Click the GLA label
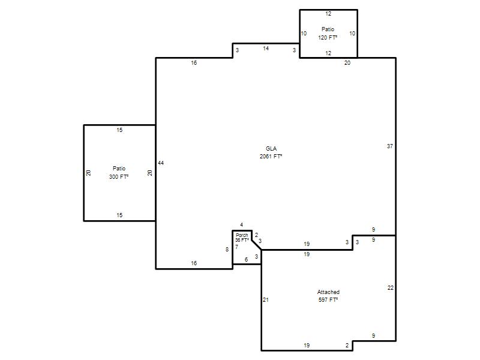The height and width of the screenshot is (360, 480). point(271,148)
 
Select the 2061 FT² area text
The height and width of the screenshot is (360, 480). point(271,156)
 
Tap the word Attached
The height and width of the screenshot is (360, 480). point(328,292)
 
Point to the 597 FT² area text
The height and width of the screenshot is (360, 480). point(328,299)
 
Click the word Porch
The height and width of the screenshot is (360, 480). point(242,235)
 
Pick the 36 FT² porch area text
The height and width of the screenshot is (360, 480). point(242,240)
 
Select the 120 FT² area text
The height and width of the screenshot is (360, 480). point(328,37)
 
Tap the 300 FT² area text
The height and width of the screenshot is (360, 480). point(119,176)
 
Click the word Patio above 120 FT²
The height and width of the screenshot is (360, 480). point(328,29)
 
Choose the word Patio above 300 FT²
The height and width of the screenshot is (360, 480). point(119,169)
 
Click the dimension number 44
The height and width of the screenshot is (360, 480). point(161,163)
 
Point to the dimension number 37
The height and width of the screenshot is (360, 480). point(389,146)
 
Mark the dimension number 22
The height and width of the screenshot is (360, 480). point(391,288)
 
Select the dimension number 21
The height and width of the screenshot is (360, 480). point(266,300)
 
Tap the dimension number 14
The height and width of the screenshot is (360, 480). point(266,49)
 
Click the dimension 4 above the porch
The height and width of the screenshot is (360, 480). point(242,225)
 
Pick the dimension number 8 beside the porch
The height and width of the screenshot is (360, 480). point(227,250)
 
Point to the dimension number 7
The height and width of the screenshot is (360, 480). point(236,247)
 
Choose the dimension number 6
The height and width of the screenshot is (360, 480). point(247,260)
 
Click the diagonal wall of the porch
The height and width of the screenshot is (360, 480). point(257,245)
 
